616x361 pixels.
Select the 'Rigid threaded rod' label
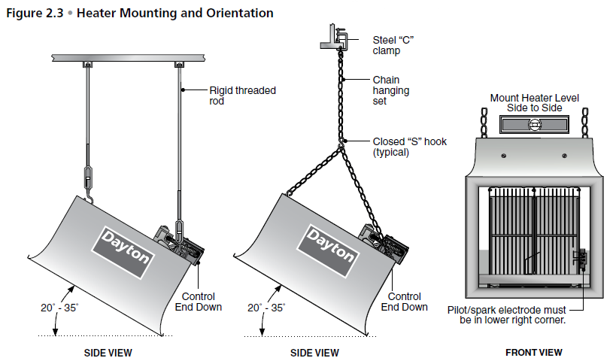point(242,96)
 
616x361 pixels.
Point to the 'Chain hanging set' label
point(386,90)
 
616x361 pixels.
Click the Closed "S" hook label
point(409,146)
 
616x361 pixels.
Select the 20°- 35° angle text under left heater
point(59,308)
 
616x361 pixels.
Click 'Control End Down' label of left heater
point(199,302)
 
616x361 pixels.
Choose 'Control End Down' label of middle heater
point(405,302)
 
